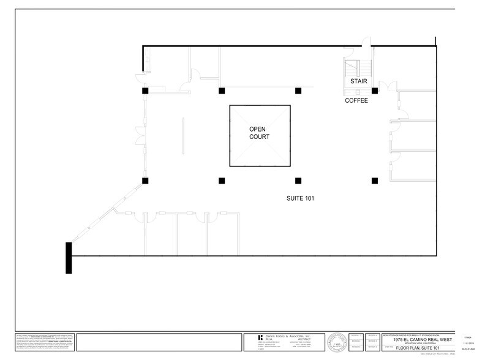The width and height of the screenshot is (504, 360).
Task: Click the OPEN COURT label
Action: point(259,133)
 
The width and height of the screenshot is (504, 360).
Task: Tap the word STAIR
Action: point(358,81)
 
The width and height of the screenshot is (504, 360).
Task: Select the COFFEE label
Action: point(356,100)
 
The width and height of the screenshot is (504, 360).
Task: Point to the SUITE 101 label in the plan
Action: point(301,198)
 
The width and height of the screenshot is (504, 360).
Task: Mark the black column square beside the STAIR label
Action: point(375,91)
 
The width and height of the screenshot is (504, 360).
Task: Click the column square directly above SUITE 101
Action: point(298,181)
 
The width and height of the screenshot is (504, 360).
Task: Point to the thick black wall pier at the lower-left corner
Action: point(69,258)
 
